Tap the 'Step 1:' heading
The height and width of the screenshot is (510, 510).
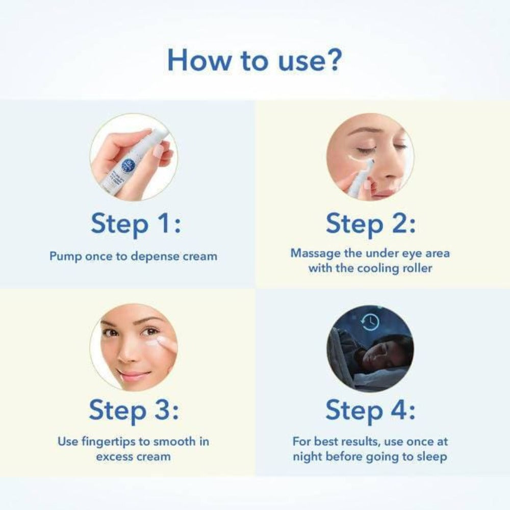[135, 224]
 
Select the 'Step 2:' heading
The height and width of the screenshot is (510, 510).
[370, 224]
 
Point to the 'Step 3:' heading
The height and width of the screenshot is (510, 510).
[135, 411]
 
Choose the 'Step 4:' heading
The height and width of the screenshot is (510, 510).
[370, 411]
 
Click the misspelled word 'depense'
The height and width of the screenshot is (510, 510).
[156, 257]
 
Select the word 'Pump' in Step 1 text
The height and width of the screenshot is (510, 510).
[64, 257]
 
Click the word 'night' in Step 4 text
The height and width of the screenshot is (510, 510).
[308, 456]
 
